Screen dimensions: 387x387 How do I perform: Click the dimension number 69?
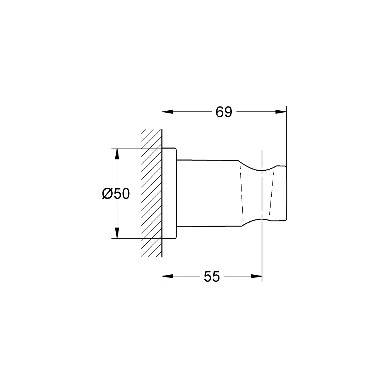[224, 112]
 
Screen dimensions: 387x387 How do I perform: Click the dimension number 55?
[212, 277]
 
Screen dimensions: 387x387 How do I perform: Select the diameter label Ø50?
[116, 193]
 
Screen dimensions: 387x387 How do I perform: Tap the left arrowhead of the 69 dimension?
[168, 112]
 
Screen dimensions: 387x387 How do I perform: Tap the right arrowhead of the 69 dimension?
[281, 112]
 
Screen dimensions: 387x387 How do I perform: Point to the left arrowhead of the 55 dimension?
[168, 276]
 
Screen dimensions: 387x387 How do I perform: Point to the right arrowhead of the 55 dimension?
[257, 276]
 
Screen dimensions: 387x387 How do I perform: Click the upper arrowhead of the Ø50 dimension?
[117, 154]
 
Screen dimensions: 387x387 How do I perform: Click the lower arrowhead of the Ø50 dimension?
[117, 233]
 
